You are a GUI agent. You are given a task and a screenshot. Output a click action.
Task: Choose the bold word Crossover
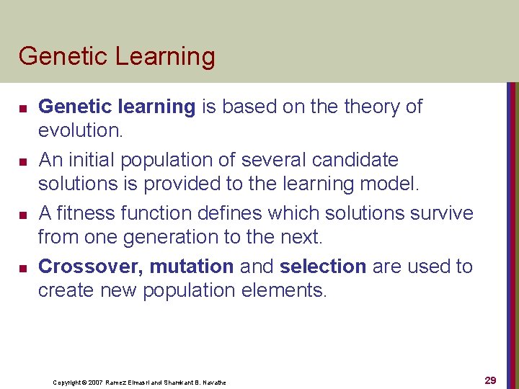[x=90, y=267]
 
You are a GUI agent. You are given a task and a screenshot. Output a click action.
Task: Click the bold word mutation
[x=192, y=267]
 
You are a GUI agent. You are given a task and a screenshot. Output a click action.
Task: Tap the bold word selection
[x=323, y=267]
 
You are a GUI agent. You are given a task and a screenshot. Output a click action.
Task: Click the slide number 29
[x=490, y=380]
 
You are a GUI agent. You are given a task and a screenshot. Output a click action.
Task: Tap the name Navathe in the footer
[x=211, y=383]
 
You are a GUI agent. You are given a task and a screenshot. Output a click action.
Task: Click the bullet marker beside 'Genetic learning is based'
[x=22, y=109]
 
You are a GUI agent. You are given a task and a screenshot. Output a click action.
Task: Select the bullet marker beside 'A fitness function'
[x=22, y=215]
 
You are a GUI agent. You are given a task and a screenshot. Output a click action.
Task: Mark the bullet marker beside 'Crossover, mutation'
[x=22, y=269]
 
